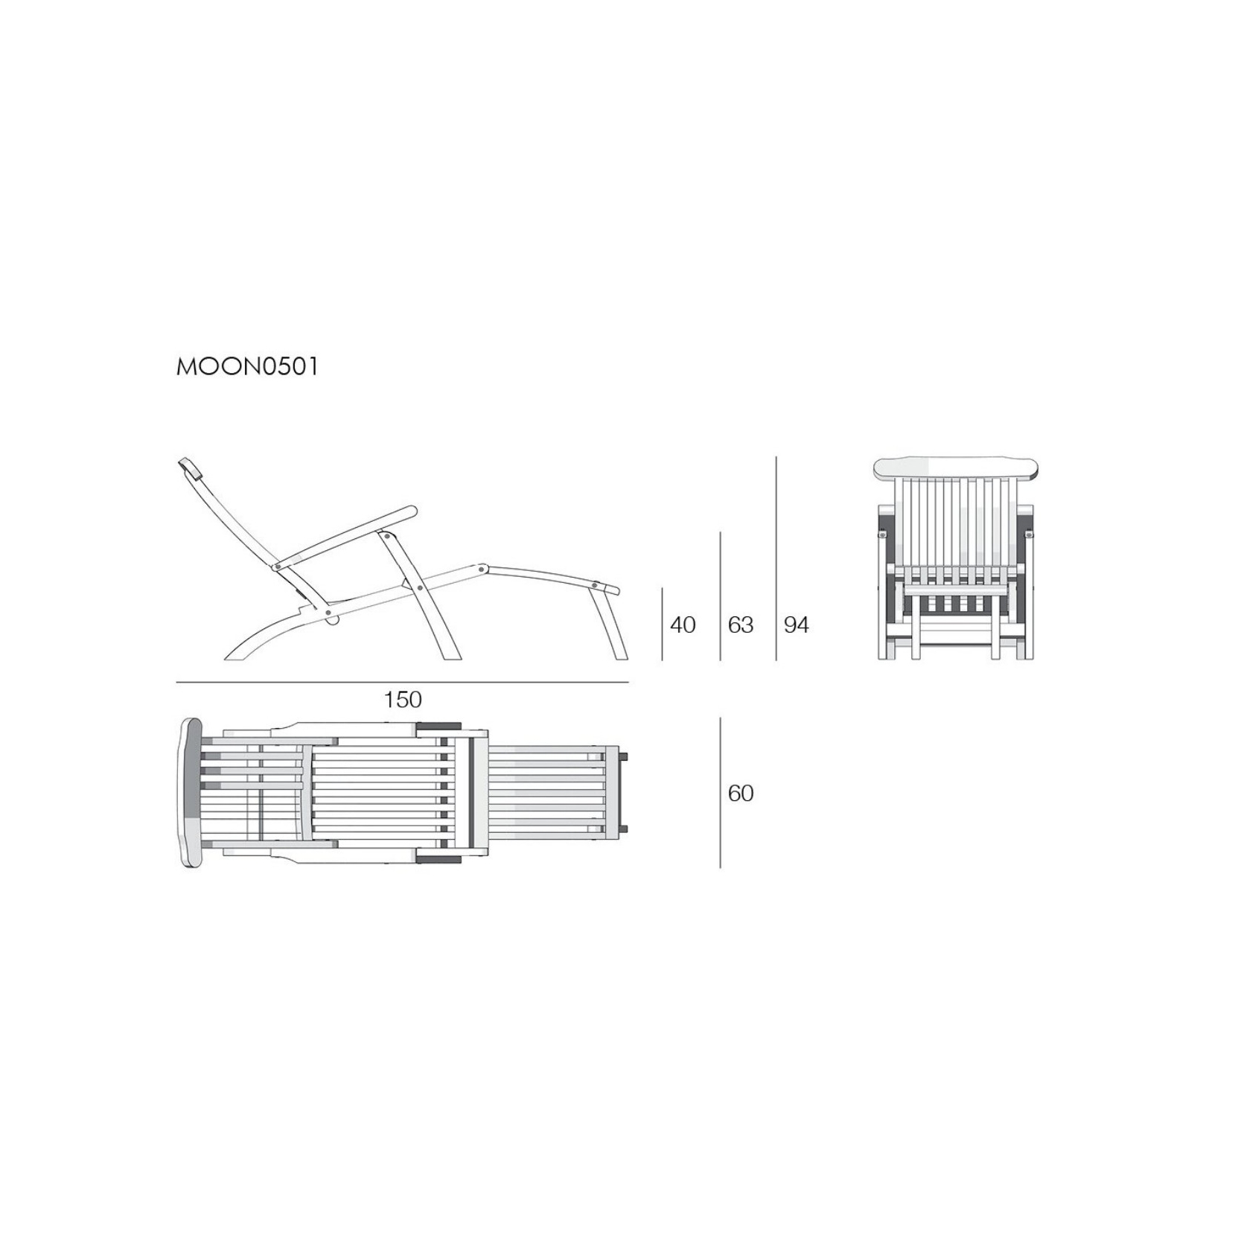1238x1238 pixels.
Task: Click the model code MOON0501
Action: (247, 367)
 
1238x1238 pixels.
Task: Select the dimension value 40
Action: (683, 625)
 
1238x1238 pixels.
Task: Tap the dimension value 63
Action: (741, 625)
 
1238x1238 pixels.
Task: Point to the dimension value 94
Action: (797, 625)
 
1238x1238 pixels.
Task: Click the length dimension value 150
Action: (403, 700)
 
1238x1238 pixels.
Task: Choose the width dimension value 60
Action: (741, 794)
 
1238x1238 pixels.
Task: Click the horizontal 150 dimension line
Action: (403, 682)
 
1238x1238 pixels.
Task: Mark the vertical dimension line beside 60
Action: (721, 793)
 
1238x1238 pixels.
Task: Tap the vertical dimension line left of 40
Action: (663, 624)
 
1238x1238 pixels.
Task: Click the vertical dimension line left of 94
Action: (776, 558)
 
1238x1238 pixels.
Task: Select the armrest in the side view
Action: (346, 536)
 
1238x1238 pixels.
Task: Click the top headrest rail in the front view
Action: (955, 468)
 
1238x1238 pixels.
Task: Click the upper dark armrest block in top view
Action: (438, 727)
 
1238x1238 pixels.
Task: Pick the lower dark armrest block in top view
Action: (438, 859)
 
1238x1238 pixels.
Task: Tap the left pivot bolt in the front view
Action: (883, 534)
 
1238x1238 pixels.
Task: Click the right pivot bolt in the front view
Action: (1029, 534)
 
